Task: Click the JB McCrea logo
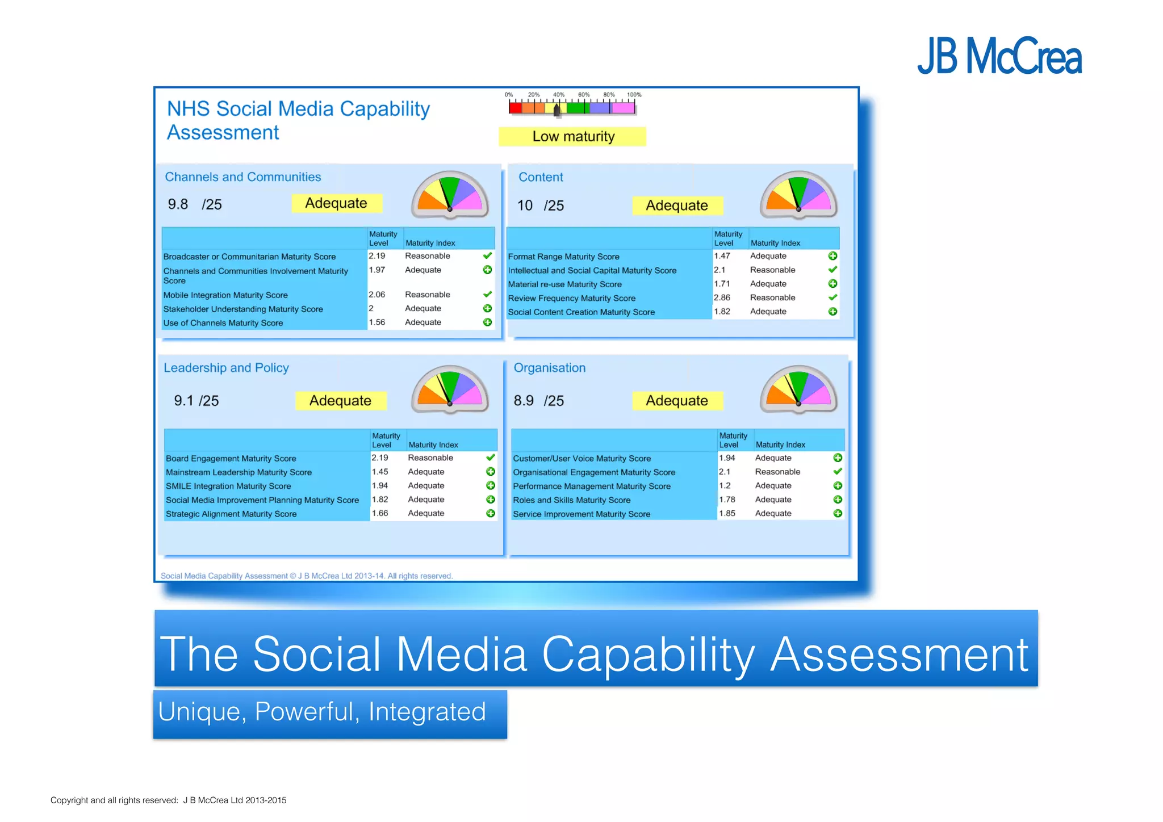(x=999, y=56)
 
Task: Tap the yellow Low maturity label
(x=572, y=137)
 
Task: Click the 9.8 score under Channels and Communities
(x=178, y=204)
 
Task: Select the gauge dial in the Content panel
(x=798, y=195)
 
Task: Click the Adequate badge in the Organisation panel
(x=677, y=401)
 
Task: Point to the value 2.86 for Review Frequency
(x=722, y=297)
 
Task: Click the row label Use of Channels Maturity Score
(x=223, y=323)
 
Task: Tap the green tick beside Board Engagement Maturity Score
(x=491, y=458)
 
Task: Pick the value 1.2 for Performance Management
(x=725, y=486)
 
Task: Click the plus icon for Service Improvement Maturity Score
(x=837, y=513)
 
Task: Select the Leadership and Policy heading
(x=226, y=368)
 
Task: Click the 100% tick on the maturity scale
(x=634, y=95)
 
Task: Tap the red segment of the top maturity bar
(x=515, y=107)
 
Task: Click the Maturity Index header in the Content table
(x=775, y=243)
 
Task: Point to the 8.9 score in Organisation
(x=523, y=401)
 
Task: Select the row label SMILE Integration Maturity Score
(x=228, y=487)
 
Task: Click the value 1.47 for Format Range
(x=722, y=256)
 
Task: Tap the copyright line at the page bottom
(x=168, y=800)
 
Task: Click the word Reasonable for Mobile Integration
(x=427, y=295)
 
